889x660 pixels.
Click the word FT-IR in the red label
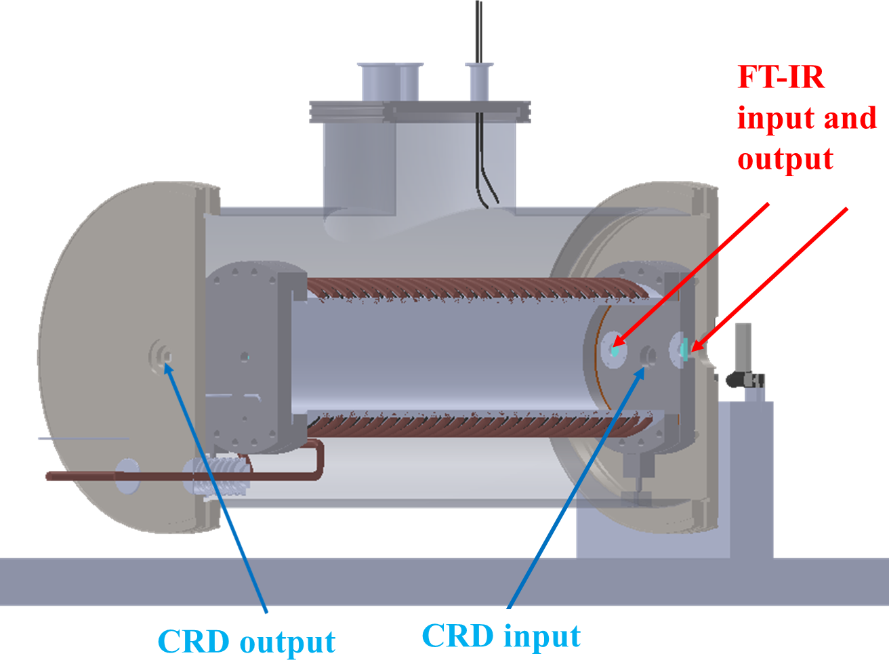click(x=781, y=77)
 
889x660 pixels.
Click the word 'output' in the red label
click(x=785, y=159)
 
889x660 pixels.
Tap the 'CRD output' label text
click(x=247, y=641)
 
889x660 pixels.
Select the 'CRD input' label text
click(x=501, y=636)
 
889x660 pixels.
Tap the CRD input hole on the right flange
click(x=648, y=355)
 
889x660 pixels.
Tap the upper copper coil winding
click(x=474, y=289)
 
